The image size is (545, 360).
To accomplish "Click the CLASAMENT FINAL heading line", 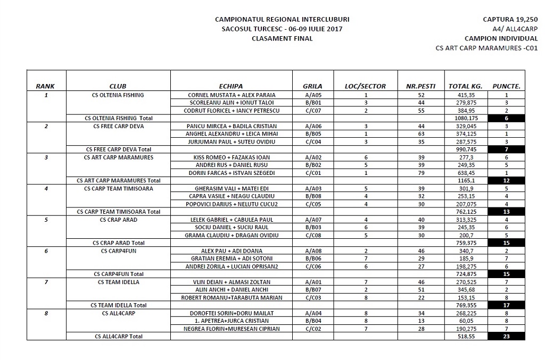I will coord(282,38).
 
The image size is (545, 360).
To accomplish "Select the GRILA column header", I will coord(312,86).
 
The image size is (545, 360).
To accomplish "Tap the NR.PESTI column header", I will coord(420,86).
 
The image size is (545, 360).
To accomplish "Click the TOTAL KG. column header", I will coord(466,86).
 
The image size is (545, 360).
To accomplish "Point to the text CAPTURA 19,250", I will coord(510,19).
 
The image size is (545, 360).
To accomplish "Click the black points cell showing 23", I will coord(506,336).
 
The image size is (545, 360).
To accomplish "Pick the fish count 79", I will coord(420,173).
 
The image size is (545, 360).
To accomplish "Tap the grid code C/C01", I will coord(312,173).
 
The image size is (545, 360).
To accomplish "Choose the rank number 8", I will coord(46,313).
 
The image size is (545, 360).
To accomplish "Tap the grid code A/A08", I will coord(312,251).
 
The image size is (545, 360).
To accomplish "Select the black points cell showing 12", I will coord(506,181).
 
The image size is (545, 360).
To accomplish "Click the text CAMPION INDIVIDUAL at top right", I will coord(500,38).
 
